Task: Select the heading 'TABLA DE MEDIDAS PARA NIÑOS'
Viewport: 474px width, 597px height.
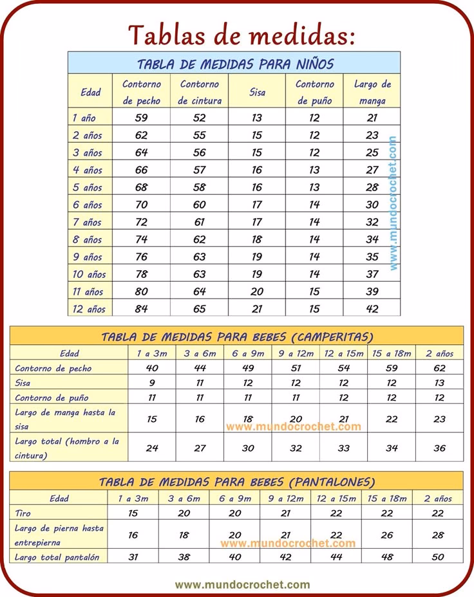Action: (235, 64)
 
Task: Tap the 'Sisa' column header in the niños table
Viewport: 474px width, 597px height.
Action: (257, 92)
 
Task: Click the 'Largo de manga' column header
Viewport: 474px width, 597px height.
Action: (372, 92)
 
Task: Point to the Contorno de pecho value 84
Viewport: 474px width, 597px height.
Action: (141, 309)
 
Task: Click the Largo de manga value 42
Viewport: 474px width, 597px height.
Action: (372, 309)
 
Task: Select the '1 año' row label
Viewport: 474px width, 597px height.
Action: (84, 118)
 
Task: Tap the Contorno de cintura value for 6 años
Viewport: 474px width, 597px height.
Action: (200, 205)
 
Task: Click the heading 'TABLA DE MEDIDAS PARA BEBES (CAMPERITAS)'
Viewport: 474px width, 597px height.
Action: (237, 336)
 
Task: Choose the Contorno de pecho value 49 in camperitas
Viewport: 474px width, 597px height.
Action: (248, 369)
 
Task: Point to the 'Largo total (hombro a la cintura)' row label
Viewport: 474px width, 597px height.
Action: (67, 448)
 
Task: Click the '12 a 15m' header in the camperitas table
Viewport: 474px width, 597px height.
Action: (344, 353)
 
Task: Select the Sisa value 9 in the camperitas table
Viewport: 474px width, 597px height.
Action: (152, 383)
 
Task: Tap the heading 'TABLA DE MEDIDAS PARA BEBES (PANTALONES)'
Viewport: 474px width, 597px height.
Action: (237, 481)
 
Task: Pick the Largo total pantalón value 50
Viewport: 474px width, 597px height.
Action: (438, 557)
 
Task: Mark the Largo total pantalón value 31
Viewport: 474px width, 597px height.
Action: (133, 557)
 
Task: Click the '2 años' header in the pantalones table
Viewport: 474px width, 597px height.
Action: (438, 498)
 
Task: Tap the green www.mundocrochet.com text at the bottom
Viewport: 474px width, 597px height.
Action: (242, 585)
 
